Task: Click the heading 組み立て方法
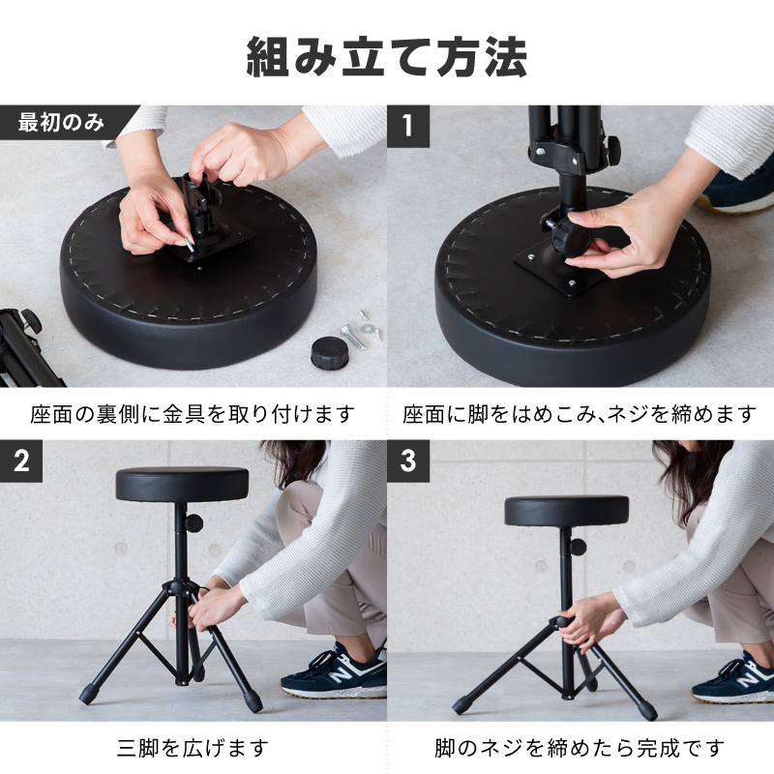386,57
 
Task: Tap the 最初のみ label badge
62,123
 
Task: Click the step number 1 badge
407,127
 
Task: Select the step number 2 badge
21,461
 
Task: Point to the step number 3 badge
407,461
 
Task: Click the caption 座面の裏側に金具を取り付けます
193,414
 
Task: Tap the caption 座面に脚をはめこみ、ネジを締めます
579,414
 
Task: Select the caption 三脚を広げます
193,748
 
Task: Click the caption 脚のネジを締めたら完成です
579,748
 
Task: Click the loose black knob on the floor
330,352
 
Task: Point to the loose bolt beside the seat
352,337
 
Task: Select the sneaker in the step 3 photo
733,677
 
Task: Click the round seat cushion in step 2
182,484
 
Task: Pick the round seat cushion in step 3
567,511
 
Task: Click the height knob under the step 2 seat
194,523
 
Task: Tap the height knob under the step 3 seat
578,547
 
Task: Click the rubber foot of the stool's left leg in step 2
87,696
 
